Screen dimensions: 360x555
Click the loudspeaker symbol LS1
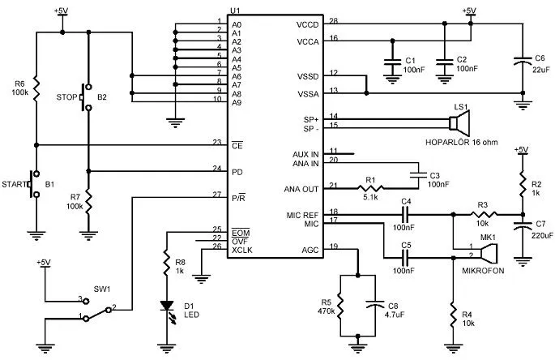coord(460,122)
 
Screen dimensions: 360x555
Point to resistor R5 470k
coord(341,306)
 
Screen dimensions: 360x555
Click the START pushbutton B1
coord(32,184)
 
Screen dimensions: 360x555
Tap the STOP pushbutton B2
coord(87,97)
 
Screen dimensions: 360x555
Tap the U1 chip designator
coord(234,11)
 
